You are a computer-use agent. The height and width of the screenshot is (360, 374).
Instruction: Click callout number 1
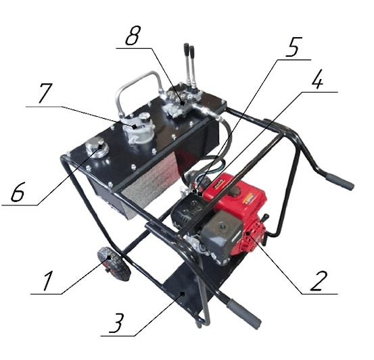[x=48, y=281]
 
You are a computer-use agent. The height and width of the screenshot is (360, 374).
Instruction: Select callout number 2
[x=318, y=281]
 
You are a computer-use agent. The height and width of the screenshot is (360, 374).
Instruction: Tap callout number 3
[x=117, y=323]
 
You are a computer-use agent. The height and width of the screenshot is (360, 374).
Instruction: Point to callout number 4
[x=318, y=79]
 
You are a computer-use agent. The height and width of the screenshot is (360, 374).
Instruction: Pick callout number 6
[x=18, y=191]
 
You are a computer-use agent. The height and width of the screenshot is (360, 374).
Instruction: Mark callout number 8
[x=133, y=35]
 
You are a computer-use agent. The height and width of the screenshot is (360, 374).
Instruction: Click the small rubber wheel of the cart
[x=114, y=263]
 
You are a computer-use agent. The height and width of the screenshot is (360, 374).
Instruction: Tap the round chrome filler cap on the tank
[x=97, y=148]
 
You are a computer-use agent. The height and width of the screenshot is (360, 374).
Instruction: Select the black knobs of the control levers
[x=189, y=49]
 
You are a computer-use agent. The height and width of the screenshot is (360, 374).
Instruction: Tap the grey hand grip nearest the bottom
[x=243, y=314]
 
